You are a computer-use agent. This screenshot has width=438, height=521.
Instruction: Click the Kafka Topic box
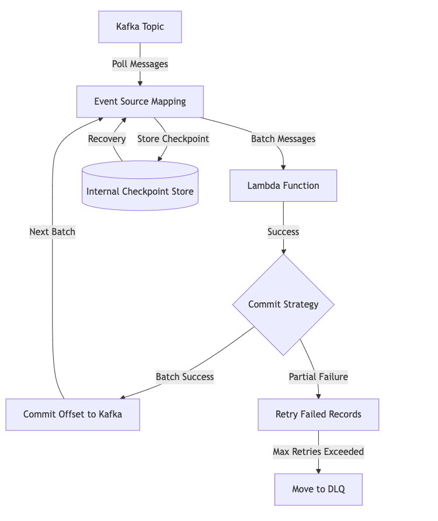(140, 27)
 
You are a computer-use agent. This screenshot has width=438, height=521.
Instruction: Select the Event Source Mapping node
(140, 102)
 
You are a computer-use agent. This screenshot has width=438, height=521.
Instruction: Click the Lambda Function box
(283, 186)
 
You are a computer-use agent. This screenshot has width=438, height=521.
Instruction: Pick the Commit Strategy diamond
(283, 304)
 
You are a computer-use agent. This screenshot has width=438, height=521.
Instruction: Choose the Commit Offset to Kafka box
(73, 415)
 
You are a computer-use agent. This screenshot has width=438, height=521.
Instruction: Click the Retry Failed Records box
(318, 415)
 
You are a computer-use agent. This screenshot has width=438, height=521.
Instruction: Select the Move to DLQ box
(318, 489)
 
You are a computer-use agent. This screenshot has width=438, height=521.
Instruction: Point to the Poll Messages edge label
(140, 64)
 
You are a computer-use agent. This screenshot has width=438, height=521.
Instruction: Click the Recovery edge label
(107, 139)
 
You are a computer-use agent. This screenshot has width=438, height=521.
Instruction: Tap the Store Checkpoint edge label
(173, 139)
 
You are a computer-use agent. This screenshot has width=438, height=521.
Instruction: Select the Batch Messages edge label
(283, 139)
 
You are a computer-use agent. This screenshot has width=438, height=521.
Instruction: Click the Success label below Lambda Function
(283, 232)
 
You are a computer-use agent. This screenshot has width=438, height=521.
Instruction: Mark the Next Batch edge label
(53, 232)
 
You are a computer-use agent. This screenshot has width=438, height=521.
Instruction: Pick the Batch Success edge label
(185, 377)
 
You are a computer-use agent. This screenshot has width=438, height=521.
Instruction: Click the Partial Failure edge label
(318, 377)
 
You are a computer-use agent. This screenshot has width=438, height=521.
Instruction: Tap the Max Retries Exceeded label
(318, 452)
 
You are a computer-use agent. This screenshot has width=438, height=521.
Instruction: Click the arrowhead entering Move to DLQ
(318, 470)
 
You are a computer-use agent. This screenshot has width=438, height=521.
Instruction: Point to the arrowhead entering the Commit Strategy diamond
(283, 251)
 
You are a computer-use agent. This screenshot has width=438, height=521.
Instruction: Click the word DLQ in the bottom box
(335, 489)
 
